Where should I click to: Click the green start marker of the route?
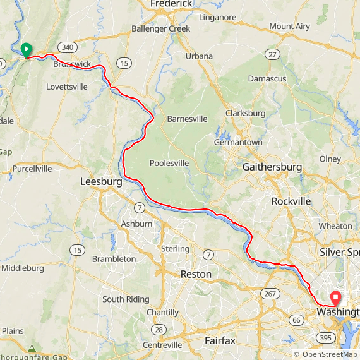point(27,49)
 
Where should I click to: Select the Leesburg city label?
point(101,182)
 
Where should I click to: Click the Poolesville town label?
point(169,163)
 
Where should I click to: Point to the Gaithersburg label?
point(272,167)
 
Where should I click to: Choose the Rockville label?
point(291,201)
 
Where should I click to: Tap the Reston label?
point(196,274)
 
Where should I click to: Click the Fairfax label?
point(220,341)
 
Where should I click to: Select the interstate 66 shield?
point(297,320)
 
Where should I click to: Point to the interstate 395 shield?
point(325,339)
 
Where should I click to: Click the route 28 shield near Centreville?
point(158,330)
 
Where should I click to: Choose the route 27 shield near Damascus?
point(273,55)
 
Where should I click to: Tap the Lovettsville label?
point(67,87)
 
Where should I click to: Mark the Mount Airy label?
point(290,27)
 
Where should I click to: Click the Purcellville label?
point(32,169)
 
